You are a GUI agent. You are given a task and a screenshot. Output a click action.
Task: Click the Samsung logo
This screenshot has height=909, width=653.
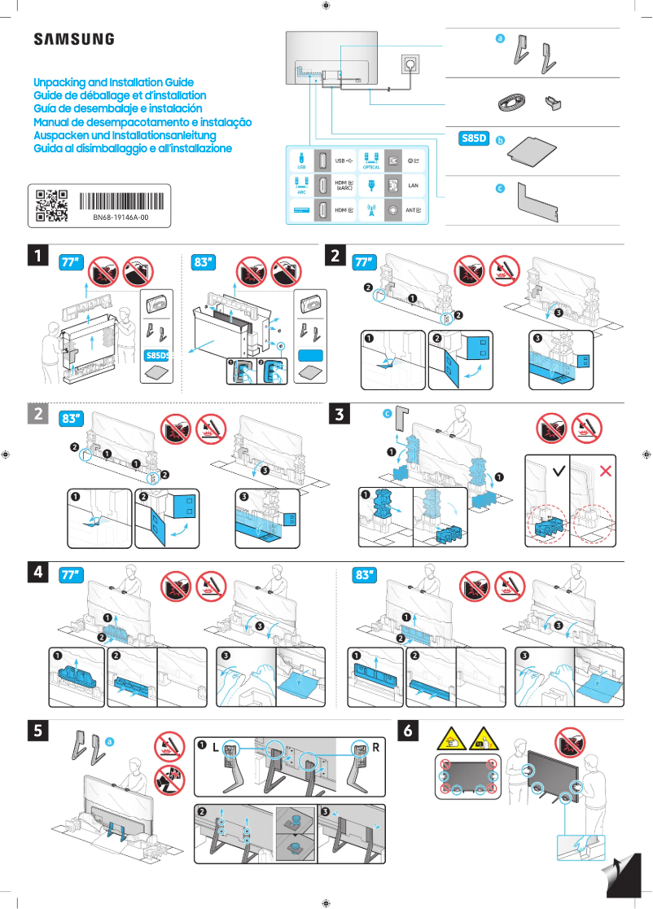coord(73,38)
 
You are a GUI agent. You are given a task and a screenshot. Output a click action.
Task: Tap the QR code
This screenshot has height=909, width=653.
coord(52,206)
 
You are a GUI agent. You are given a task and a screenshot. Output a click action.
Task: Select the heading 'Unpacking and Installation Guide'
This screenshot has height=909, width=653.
coord(113,83)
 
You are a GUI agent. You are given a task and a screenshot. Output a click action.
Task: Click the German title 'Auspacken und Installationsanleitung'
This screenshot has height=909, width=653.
coord(124,135)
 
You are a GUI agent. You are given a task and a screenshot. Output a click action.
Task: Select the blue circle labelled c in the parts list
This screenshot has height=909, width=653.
coord(501,188)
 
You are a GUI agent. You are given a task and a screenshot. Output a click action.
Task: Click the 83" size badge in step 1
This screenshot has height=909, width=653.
coord(204,262)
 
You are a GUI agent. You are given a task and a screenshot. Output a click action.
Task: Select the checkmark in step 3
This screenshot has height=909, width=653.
coord(558,471)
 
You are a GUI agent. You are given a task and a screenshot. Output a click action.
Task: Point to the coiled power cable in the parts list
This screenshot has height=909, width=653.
coord(512,103)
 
